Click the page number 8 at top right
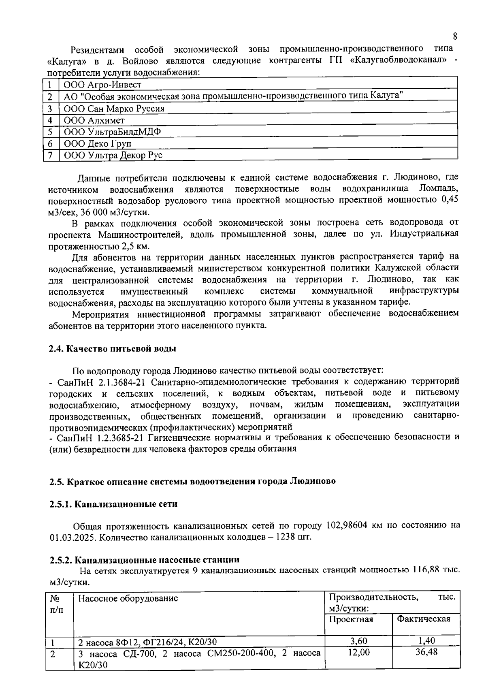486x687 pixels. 455,36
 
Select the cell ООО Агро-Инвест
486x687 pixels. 102,85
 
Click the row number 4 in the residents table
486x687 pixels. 51,120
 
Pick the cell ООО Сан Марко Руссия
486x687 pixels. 114,109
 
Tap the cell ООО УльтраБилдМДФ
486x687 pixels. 110,132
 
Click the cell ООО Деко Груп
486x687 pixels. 98,144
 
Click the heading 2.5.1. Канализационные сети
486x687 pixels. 114,504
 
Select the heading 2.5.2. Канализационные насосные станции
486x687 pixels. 145,560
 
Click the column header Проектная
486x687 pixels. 351,619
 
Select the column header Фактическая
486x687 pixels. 424,619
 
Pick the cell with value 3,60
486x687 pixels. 358,641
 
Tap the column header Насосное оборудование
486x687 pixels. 128,598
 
